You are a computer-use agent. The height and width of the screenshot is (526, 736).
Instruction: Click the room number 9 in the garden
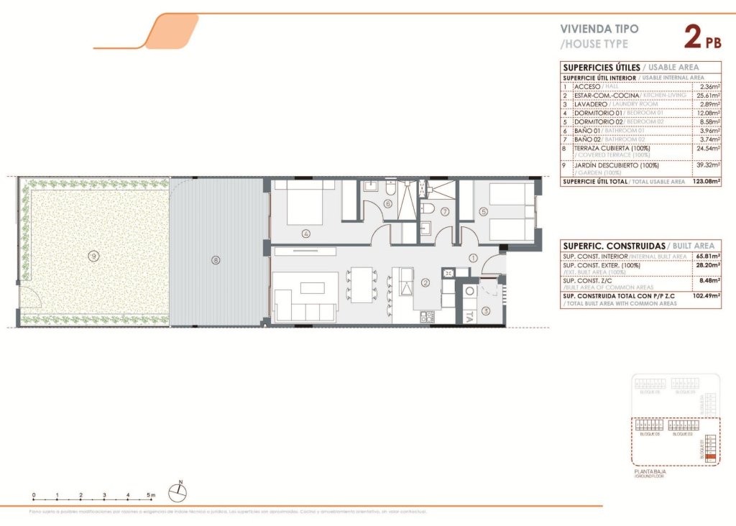click(x=93, y=254)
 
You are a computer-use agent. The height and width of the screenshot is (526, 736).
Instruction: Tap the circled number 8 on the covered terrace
click(x=214, y=260)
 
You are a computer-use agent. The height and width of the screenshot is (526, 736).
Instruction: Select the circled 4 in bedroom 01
click(x=306, y=233)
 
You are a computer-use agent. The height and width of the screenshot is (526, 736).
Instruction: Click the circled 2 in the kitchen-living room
click(x=425, y=282)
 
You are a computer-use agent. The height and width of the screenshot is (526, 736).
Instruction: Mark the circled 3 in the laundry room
click(x=486, y=310)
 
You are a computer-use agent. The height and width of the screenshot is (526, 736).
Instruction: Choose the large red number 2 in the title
click(x=692, y=37)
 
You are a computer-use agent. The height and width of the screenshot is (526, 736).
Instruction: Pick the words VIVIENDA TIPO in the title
click(x=599, y=29)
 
